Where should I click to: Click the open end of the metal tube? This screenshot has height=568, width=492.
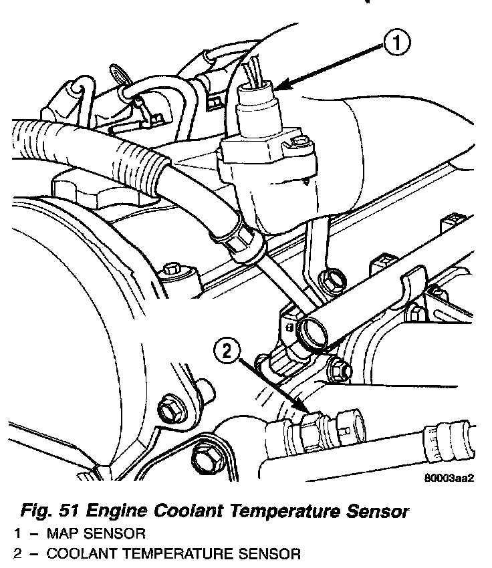(311, 331)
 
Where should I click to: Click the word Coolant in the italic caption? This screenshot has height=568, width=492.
(193, 512)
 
